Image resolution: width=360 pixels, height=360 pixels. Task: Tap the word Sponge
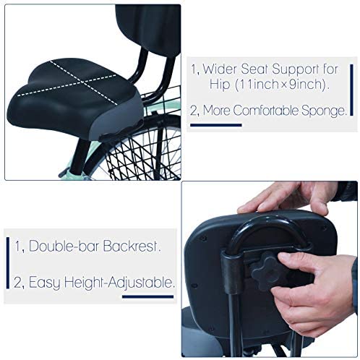tap(324, 111)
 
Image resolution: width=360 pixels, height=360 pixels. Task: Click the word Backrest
tap(132, 246)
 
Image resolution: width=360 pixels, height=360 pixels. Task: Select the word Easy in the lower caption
tap(45, 283)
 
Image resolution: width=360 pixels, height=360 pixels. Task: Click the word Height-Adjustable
tap(119, 283)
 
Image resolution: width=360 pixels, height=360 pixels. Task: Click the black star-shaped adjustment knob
tap(267, 270)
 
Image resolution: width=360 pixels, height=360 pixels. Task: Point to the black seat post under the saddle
tap(80, 157)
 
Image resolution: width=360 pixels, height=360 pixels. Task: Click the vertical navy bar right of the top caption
tap(351, 90)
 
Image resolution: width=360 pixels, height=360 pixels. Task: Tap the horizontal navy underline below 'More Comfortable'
tap(216, 125)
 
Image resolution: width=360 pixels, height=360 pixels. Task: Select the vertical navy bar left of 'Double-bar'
tap(8, 262)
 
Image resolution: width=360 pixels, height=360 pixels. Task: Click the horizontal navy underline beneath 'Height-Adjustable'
tap(147, 296)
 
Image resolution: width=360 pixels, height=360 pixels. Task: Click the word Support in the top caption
tap(295, 70)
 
